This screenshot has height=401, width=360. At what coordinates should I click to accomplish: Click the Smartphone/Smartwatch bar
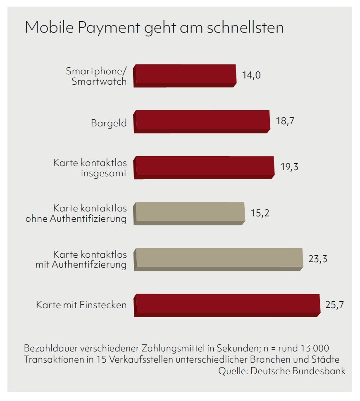coord(185,75)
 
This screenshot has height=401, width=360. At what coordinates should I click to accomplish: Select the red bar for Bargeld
coord(202,121)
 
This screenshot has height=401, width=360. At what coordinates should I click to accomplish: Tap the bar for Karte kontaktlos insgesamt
coord(204,167)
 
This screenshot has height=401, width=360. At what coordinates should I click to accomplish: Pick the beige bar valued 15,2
coord(189,213)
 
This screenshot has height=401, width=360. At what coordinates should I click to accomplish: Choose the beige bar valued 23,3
coord(218,259)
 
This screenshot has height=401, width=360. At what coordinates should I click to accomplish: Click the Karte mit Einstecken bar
coord(227,305)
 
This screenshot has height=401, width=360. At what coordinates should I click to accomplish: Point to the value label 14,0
coord(252,76)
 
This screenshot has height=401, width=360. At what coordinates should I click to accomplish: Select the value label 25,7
coord(335,305)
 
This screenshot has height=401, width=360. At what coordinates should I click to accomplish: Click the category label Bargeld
coord(109,123)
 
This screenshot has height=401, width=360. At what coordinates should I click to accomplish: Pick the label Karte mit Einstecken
coord(81,306)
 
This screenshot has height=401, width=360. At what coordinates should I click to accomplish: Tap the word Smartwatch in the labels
coord(99,81)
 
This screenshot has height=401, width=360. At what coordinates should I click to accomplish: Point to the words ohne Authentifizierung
coord(76,219)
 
